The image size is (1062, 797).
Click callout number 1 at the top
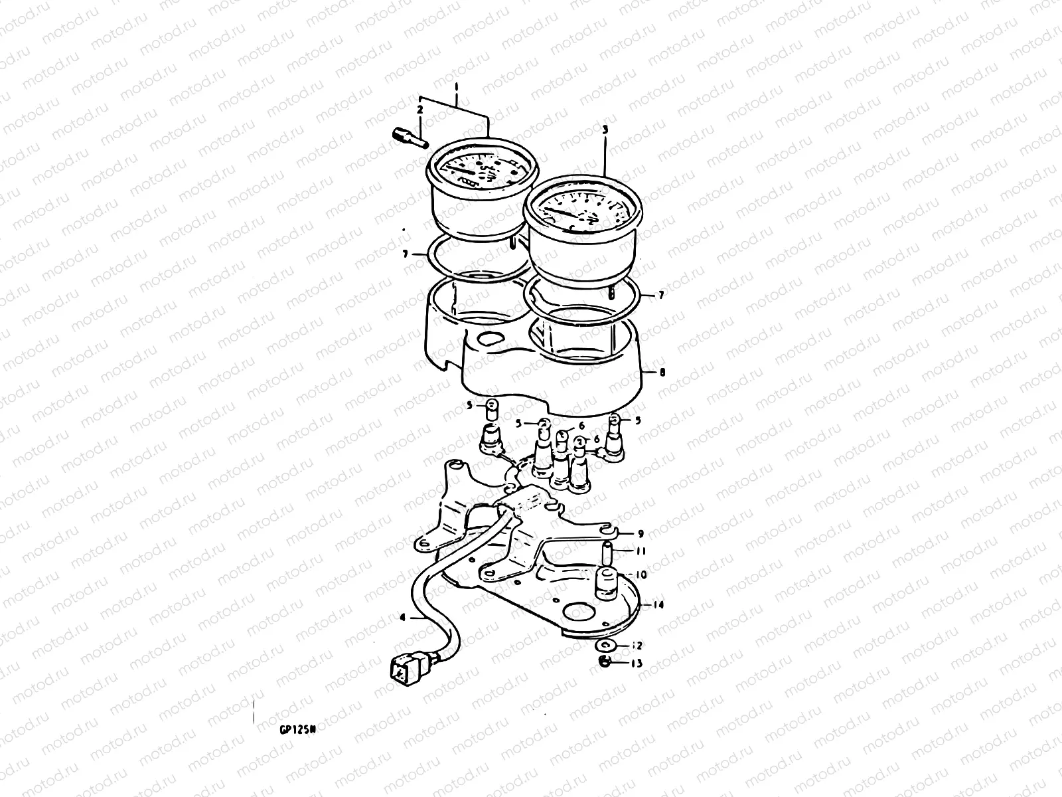pos(457,87)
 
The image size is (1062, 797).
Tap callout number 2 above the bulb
pos(419,108)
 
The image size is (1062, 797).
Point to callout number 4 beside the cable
pos(402,617)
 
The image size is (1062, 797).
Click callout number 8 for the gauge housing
pos(662,373)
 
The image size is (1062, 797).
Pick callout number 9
pos(641,533)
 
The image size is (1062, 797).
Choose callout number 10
pos(642,575)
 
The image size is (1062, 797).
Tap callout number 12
pos(639,645)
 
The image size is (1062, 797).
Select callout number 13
pos(639,663)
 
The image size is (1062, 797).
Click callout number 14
pos(658,605)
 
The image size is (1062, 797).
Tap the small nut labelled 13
pos(605,662)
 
